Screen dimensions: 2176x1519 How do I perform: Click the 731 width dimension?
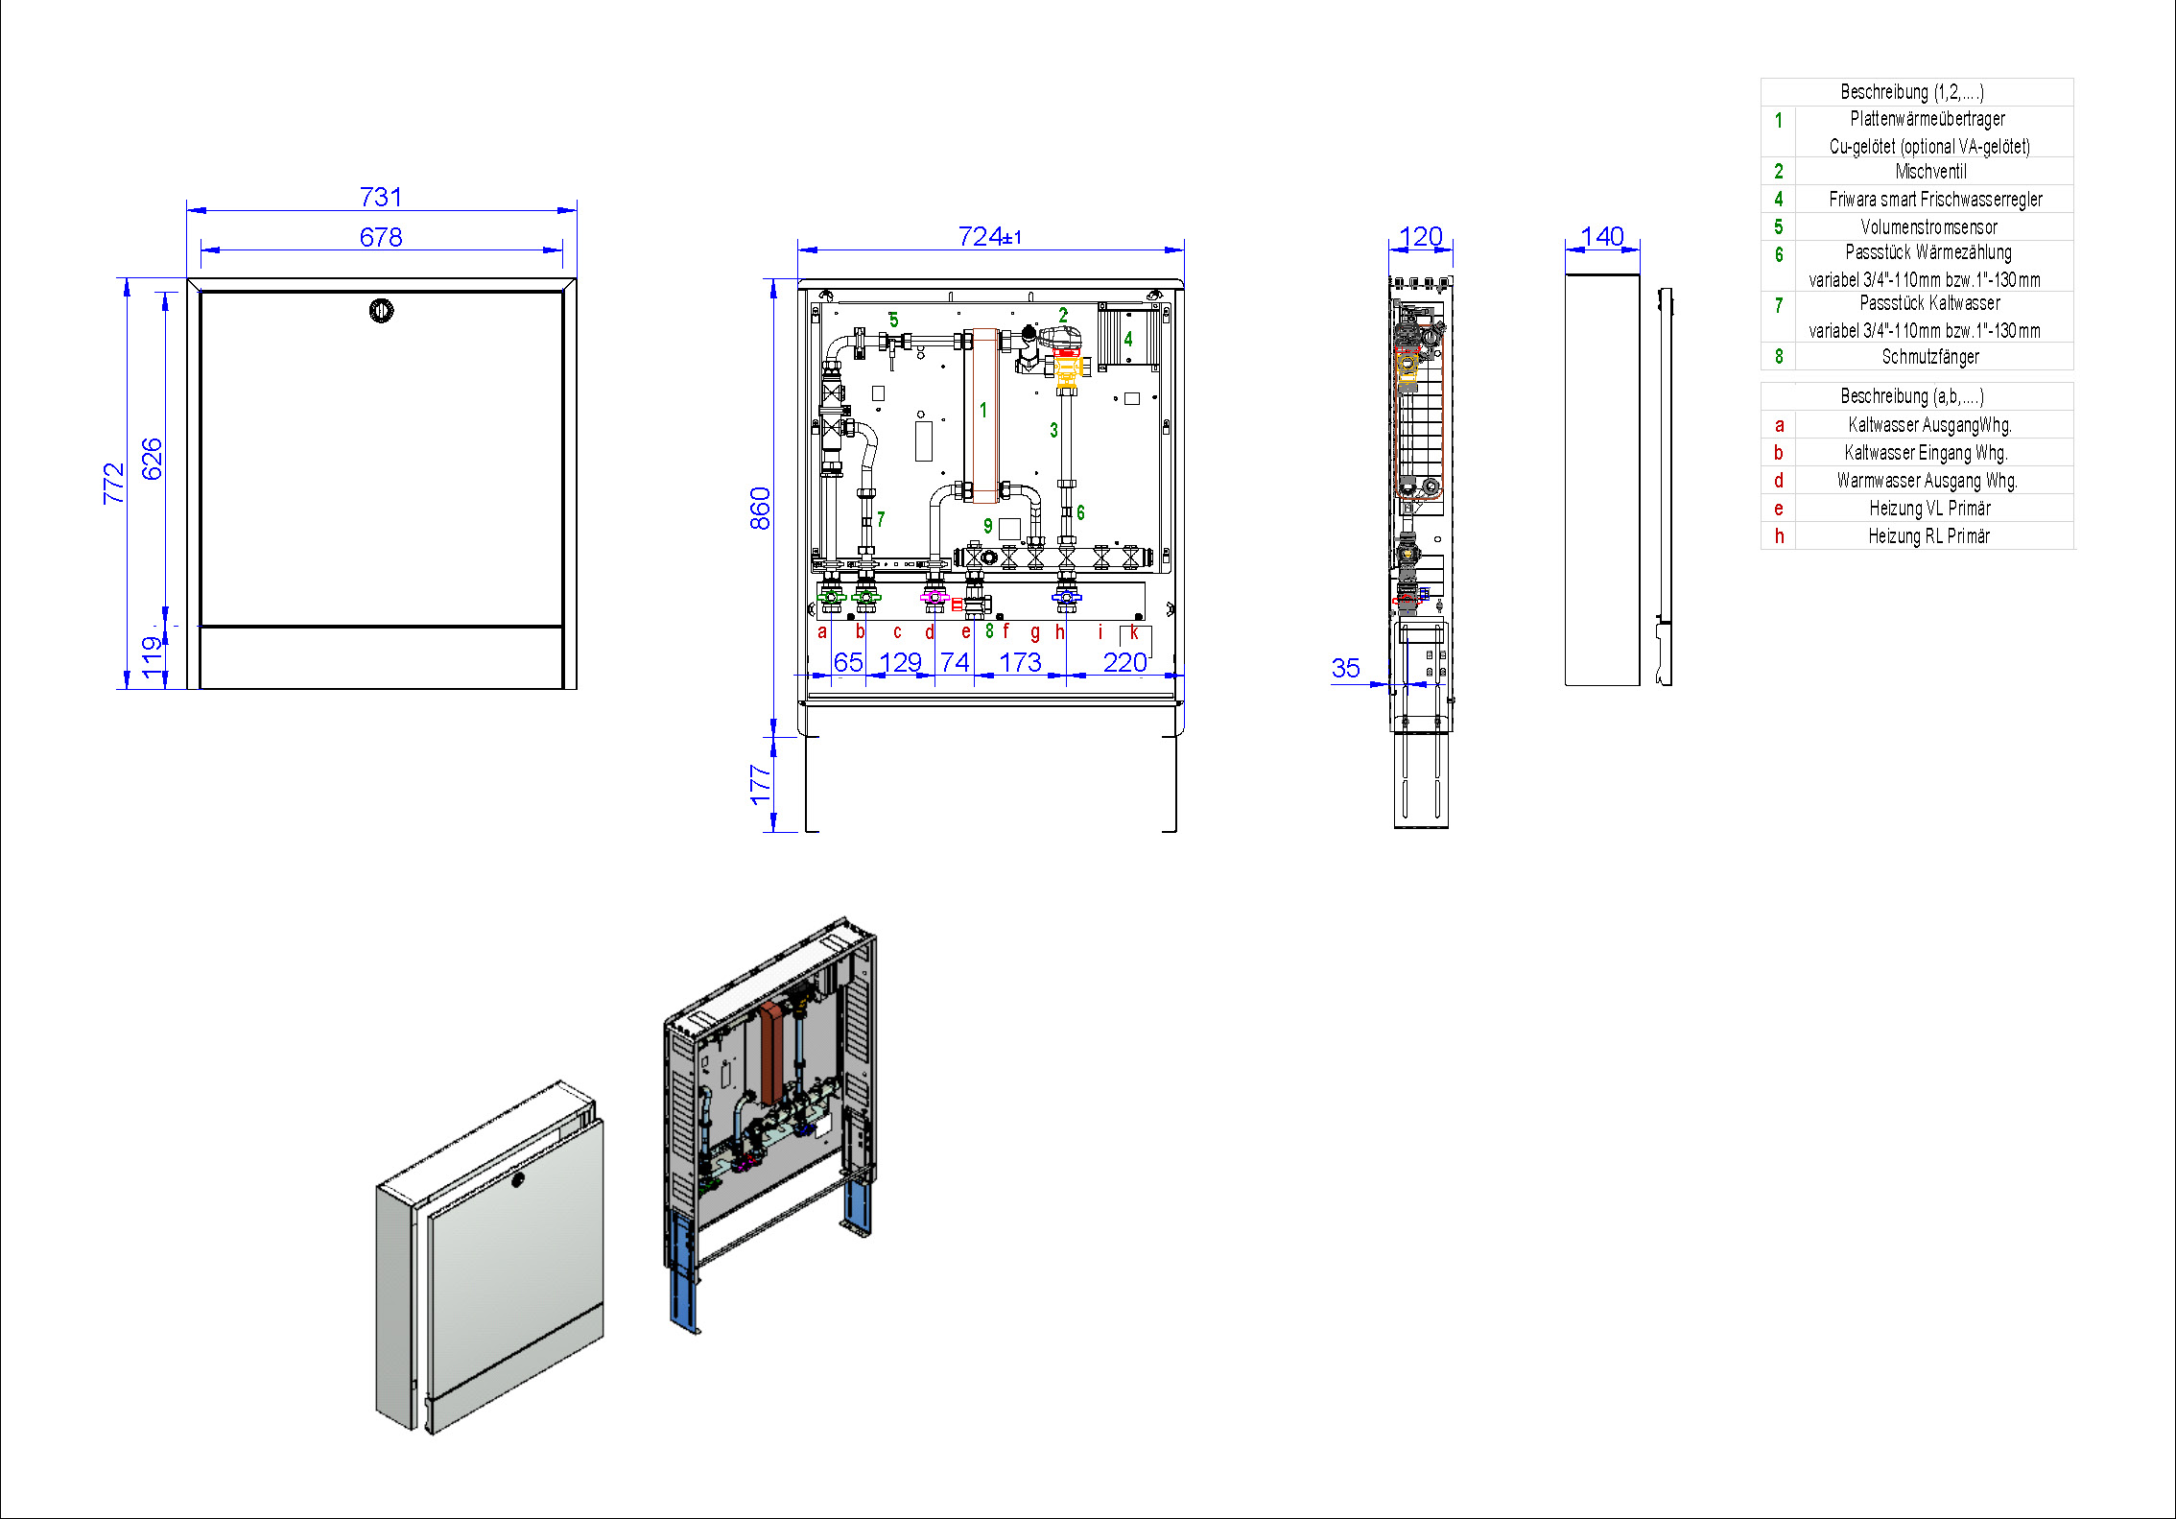point(381,197)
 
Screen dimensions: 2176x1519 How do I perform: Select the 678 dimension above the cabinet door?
point(381,237)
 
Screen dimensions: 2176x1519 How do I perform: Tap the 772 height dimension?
point(114,484)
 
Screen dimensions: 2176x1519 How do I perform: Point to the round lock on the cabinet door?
point(382,311)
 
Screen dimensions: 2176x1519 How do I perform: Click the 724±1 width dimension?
point(990,236)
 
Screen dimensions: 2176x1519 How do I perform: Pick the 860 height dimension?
point(760,509)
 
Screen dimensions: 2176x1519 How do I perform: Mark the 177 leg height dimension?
point(760,784)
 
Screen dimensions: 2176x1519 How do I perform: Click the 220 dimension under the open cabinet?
point(1124,662)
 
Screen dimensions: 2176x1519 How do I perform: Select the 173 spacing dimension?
point(1020,662)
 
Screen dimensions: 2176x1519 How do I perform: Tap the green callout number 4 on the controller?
point(1128,339)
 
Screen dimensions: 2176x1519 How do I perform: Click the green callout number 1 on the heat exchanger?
point(982,410)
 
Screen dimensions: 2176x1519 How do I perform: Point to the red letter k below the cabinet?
point(1134,631)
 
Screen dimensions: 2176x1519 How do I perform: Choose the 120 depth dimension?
point(1421,236)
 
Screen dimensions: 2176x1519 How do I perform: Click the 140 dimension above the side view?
point(1602,236)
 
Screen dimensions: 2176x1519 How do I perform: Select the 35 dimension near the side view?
point(1346,668)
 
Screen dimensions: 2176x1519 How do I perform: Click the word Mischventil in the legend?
point(1930,172)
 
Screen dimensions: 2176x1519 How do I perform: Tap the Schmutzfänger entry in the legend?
point(1930,357)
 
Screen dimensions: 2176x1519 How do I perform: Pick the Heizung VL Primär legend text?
point(1929,509)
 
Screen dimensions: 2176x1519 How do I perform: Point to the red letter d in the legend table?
point(1779,481)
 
